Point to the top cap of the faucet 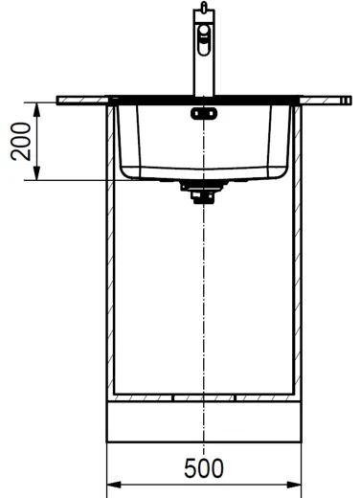pyautogui.click(x=202, y=7)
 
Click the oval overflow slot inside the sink pyautogui.click(x=203, y=114)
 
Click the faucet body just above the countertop pyautogui.click(x=203, y=81)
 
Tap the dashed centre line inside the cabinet pyautogui.click(x=203, y=287)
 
